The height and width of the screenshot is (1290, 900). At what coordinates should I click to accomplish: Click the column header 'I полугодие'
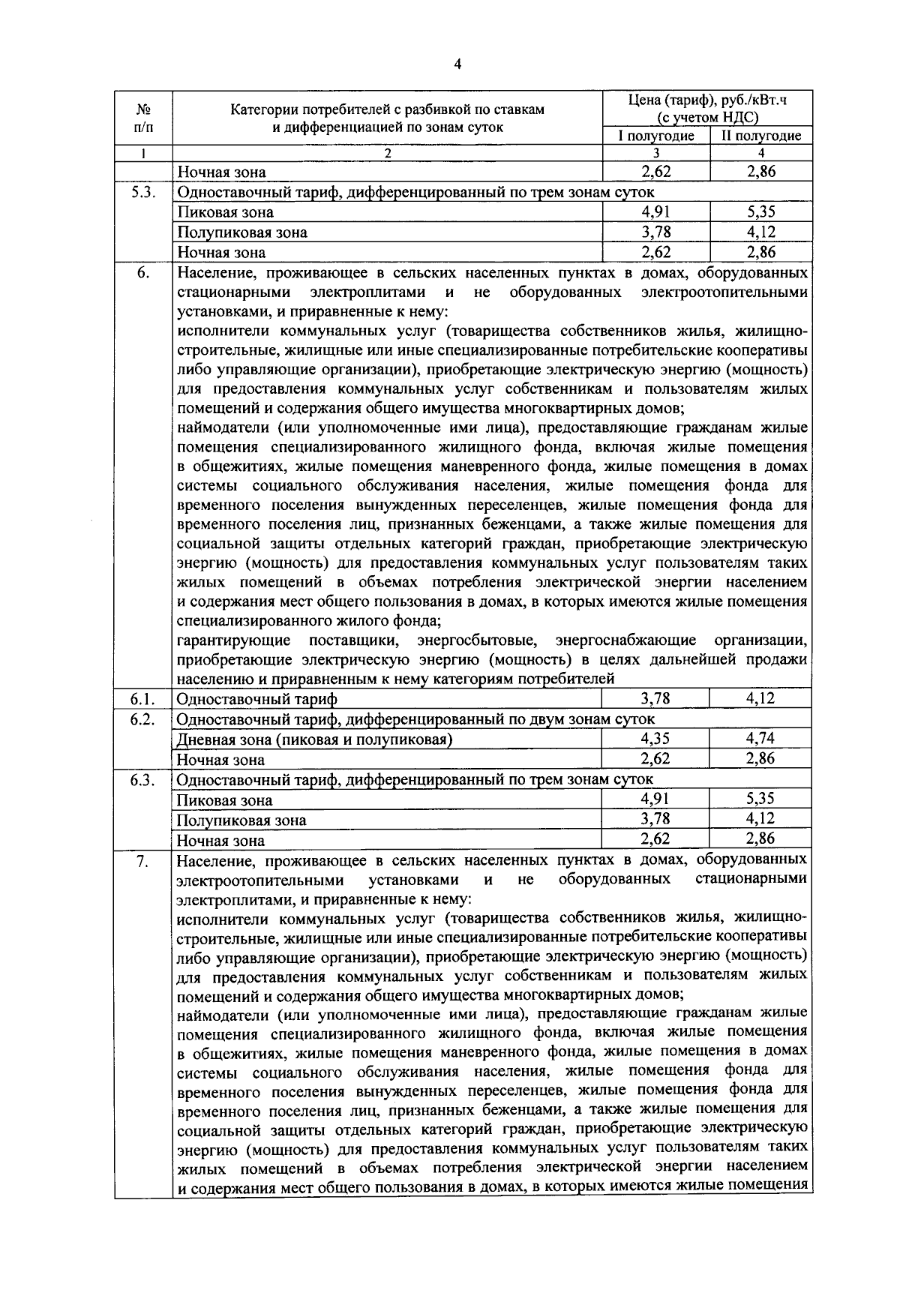point(655,136)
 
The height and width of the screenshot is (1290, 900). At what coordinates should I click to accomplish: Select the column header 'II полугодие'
point(760,136)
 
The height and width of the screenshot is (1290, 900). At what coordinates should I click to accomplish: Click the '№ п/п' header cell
point(143,118)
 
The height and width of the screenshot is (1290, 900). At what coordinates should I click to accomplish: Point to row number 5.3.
point(142,193)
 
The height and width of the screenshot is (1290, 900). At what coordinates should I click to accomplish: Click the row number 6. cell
point(142,273)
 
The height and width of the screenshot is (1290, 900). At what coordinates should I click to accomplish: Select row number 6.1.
point(142,699)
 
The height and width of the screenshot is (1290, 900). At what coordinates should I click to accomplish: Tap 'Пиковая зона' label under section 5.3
point(225,213)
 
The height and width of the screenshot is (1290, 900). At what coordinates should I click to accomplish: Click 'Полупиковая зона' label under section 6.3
point(241,820)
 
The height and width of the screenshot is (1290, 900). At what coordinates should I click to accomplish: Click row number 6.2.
point(142,719)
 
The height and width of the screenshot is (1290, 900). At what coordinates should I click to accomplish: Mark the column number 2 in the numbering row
point(388,153)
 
